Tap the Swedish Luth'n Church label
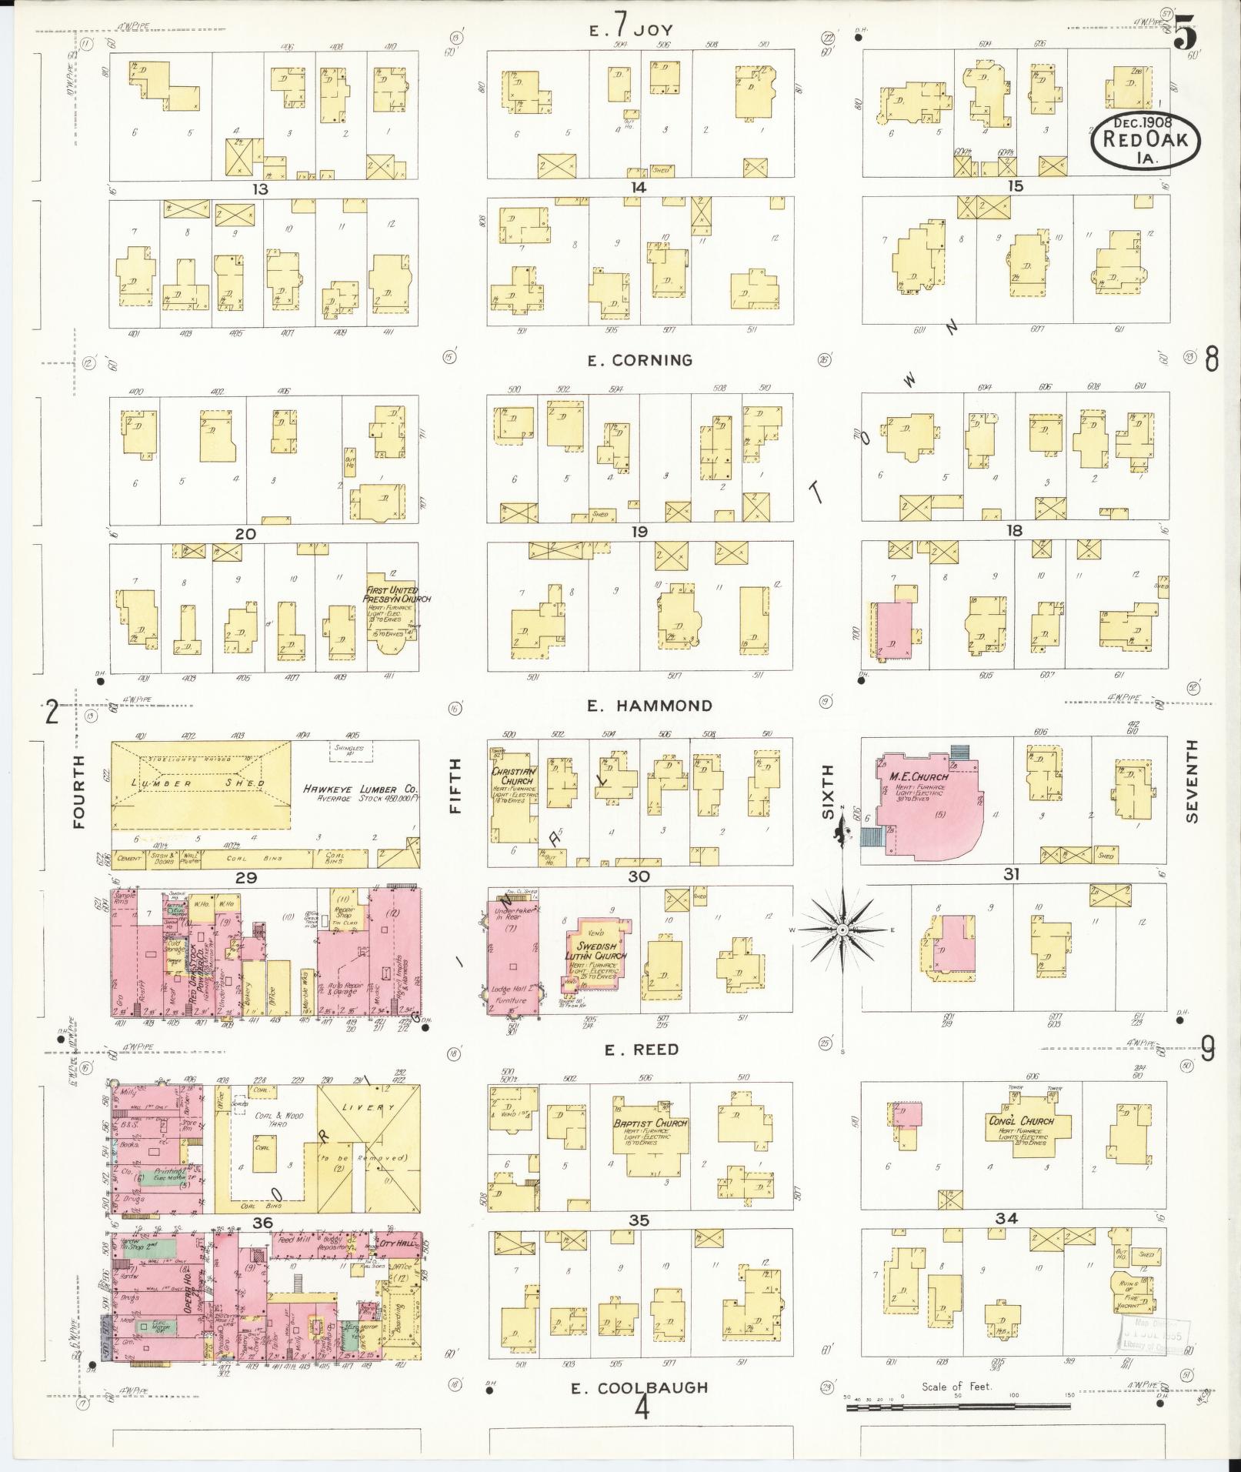(x=597, y=950)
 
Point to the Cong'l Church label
(x=1021, y=1120)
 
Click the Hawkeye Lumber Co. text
(x=359, y=789)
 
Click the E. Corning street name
(x=640, y=360)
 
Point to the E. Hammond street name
(x=649, y=706)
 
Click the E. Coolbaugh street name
(x=639, y=1387)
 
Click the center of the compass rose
(x=842, y=931)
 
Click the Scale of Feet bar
(x=958, y=1407)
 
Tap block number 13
(x=262, y=189)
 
